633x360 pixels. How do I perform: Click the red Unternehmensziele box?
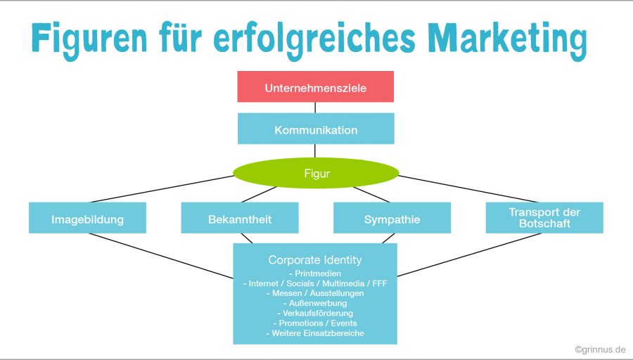(315, 87)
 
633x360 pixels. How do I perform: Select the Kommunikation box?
(315, 129)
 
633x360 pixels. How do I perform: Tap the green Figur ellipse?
(315, 173)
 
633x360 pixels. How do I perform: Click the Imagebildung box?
(87, 219)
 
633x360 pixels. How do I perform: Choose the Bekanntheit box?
(240, 219)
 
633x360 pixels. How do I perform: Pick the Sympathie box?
(392, 219)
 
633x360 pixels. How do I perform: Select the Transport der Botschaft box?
(544, 218)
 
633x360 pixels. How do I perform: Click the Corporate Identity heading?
(315, 259)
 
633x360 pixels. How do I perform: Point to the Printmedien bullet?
(315, 273)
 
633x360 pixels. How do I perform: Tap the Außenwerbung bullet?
(315, 303)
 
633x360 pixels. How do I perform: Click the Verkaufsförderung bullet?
(315, 313)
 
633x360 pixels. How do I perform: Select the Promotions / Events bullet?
(315, 323)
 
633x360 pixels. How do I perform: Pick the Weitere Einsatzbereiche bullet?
(315, 333)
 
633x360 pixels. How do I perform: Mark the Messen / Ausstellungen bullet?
(315, 292)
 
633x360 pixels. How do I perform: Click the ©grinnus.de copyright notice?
(599, 349)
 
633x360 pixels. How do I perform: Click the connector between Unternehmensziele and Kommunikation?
(315, 108)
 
